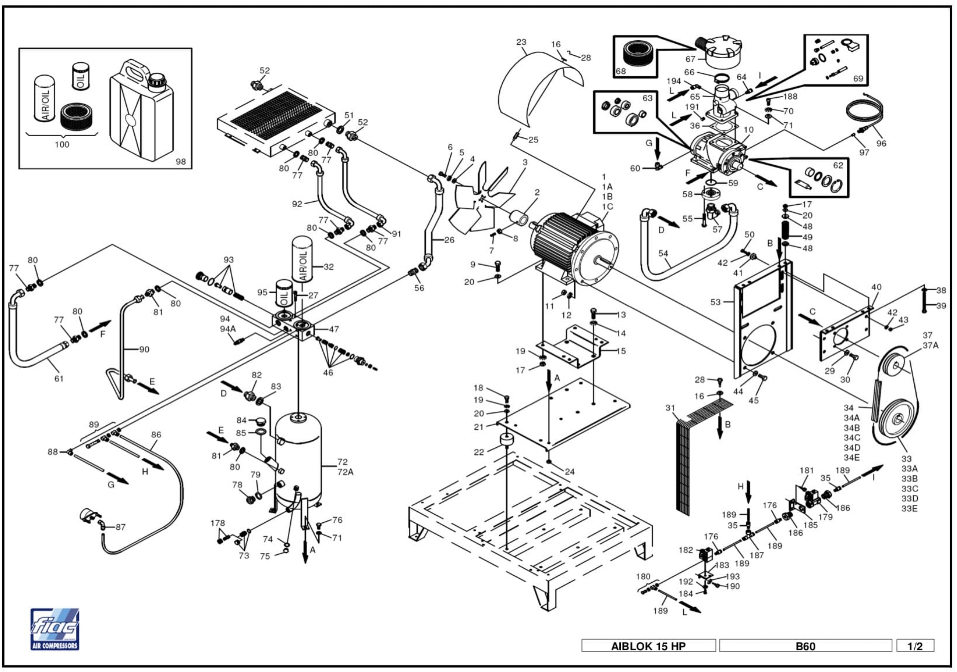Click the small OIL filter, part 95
pos(284,294)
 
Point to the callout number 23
pos(521,42)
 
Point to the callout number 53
pos(715,302)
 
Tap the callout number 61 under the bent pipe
pos(59,378)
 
